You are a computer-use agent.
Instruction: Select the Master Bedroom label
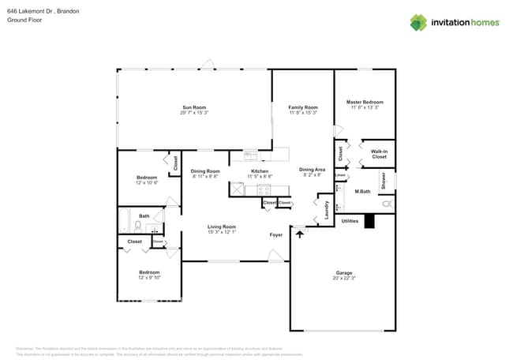point(365,102)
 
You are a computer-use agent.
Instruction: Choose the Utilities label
point(350,222)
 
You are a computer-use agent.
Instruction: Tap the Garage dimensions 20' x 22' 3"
point(343,278)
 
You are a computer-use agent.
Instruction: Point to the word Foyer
point(276,234)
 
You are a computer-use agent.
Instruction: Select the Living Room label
point(222,226)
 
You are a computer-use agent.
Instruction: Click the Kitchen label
point(260,170)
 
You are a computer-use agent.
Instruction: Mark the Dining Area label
point(312,169)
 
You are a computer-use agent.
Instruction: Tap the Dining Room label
point(205,170)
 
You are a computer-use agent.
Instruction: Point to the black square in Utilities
point(369,223)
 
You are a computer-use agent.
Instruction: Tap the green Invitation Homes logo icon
point(418,22)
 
